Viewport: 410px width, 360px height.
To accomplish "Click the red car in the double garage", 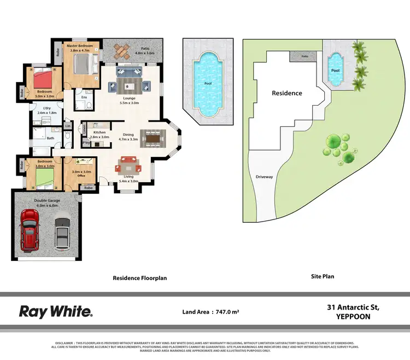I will click(x=29, y=229).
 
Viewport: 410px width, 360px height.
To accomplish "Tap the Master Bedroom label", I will click(x=80, y=48).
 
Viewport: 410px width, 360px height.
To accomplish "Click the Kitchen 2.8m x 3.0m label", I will click(x=99, y=135).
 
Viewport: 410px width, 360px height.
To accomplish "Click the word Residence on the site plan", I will click(x=287, y=93).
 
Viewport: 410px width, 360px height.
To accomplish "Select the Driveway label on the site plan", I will click(x=264, y=177).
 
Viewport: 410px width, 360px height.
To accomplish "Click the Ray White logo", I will click(x=56, y=312).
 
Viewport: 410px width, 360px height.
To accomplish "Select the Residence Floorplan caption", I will click(x=140, y=278).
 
